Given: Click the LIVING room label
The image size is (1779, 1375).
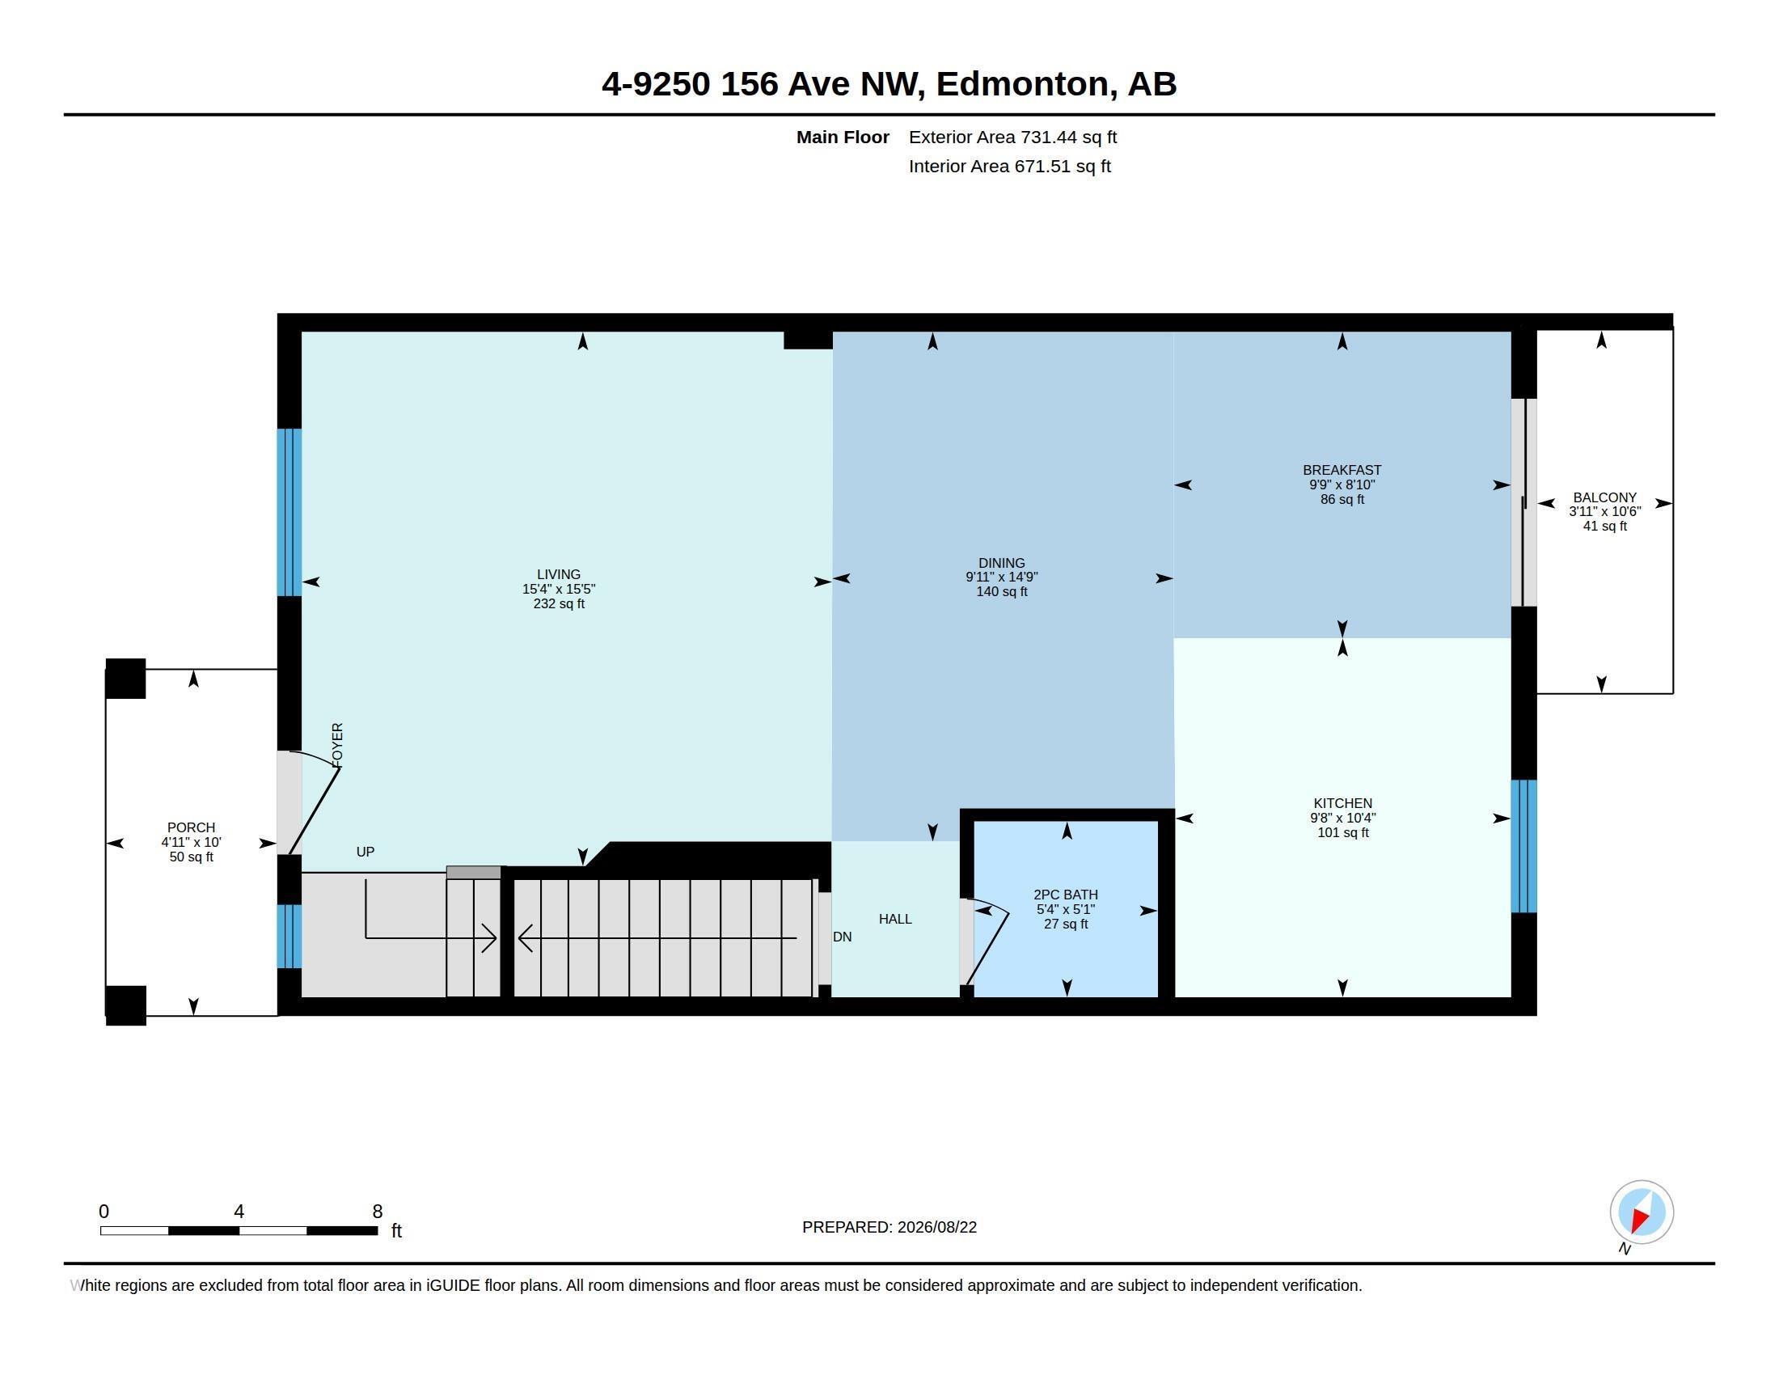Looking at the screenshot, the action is (x=559, y=574).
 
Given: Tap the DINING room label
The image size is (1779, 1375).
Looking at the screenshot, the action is (x=1002, y=563).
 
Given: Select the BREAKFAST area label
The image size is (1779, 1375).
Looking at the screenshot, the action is (x=1342, y=470).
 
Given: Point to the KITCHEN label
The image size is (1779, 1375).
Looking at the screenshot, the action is (x=1342, y=803).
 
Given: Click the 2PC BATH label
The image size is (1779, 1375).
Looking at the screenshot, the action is (x=1066, y=895).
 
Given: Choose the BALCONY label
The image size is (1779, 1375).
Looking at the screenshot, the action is (x=1604, y=497).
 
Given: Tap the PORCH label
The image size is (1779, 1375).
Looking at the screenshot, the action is (x=192, y=827).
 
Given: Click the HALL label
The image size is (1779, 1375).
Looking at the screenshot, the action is (x=895, y=919).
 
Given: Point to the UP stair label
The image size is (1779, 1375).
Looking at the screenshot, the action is (x=365, y=852).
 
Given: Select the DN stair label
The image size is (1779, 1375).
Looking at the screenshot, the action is (x=843, y=937).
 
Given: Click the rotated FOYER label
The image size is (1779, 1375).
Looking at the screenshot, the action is (x=338, y=744).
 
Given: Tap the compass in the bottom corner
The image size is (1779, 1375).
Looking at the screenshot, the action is (x=1642, y=1212).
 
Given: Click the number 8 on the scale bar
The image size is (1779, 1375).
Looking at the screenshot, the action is (x=377, y=1212).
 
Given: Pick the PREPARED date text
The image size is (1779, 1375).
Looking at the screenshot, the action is (x=889, y=1227).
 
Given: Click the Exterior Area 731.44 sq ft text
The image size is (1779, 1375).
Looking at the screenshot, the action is (x=1012, y=137).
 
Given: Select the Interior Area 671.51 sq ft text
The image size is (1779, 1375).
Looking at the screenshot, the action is (x=1009, y=166).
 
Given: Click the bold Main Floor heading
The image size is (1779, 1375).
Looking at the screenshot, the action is (x=843, y=137).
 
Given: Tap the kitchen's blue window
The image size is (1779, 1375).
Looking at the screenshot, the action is (x=1523, y=846).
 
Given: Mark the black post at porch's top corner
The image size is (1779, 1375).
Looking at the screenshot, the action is (x=125, y=679).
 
